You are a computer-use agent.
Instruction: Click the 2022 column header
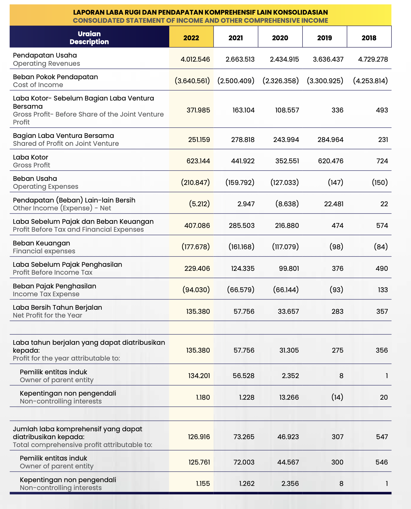click(x=191, y=38)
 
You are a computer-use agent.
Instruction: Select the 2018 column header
click(x=369, y=38)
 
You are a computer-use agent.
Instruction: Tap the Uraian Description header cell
click(x=89, y=38)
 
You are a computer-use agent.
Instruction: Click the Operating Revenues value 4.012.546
click(x=195, y=59)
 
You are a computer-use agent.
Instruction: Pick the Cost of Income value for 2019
click(x=325, y=81)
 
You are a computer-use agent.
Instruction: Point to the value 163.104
click(x=244, y=110)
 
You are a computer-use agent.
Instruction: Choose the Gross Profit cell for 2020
click(x=287, y=161)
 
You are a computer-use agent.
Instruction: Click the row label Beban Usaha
click(x=35, y=179)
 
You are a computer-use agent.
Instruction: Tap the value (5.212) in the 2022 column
click(x=199, y=204)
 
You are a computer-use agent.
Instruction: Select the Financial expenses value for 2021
click(x=241, y=247)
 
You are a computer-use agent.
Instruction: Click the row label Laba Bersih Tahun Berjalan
click(x=58, y=307)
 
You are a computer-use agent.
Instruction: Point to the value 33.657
click(x=288, y=311)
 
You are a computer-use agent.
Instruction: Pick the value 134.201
click(x=199, y=376)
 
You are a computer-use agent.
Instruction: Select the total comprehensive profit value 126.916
click(x=199, y=437)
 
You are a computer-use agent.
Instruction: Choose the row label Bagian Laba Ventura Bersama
click(x=63, y=136)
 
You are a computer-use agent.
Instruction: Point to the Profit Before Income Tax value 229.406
click(x=197, y=269)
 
